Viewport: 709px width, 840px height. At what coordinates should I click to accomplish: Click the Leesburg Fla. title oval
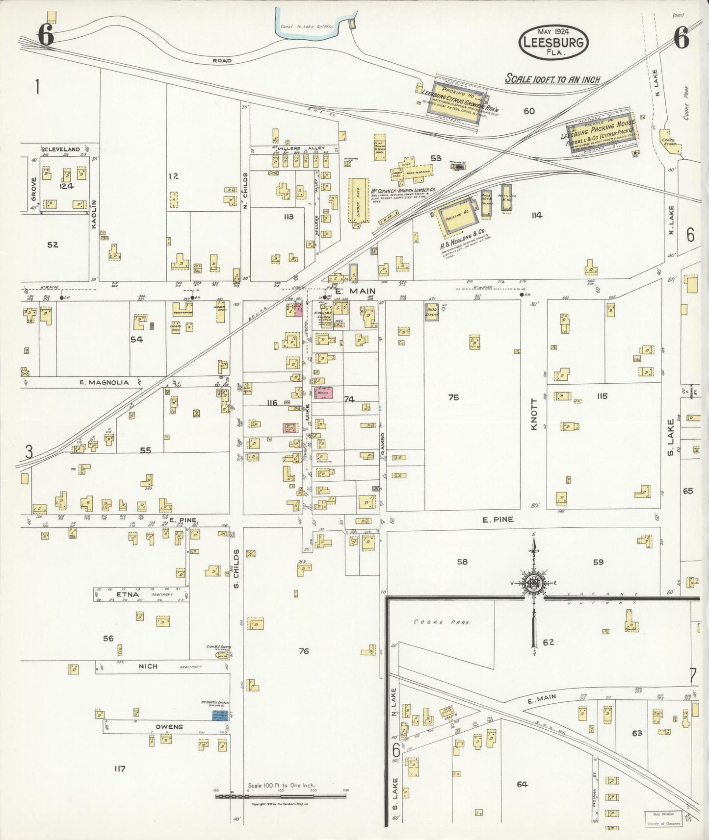[553, 42]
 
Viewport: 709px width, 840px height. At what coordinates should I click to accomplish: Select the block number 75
[453, 397]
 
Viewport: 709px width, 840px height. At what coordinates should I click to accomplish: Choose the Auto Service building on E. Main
[432, 311]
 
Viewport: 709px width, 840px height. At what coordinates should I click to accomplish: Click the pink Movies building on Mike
[323, 393]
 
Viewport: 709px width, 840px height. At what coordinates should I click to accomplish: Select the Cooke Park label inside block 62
[442, 622]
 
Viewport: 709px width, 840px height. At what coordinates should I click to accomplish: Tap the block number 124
[66, 186]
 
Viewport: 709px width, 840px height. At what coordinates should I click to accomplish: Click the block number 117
[120, 768]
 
